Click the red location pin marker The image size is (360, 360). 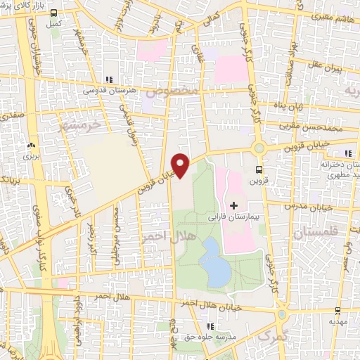[181, 165]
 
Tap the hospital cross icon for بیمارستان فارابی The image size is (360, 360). [233, 205]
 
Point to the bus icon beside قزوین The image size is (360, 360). [259, 169]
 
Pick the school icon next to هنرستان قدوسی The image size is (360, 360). [108, 80]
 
